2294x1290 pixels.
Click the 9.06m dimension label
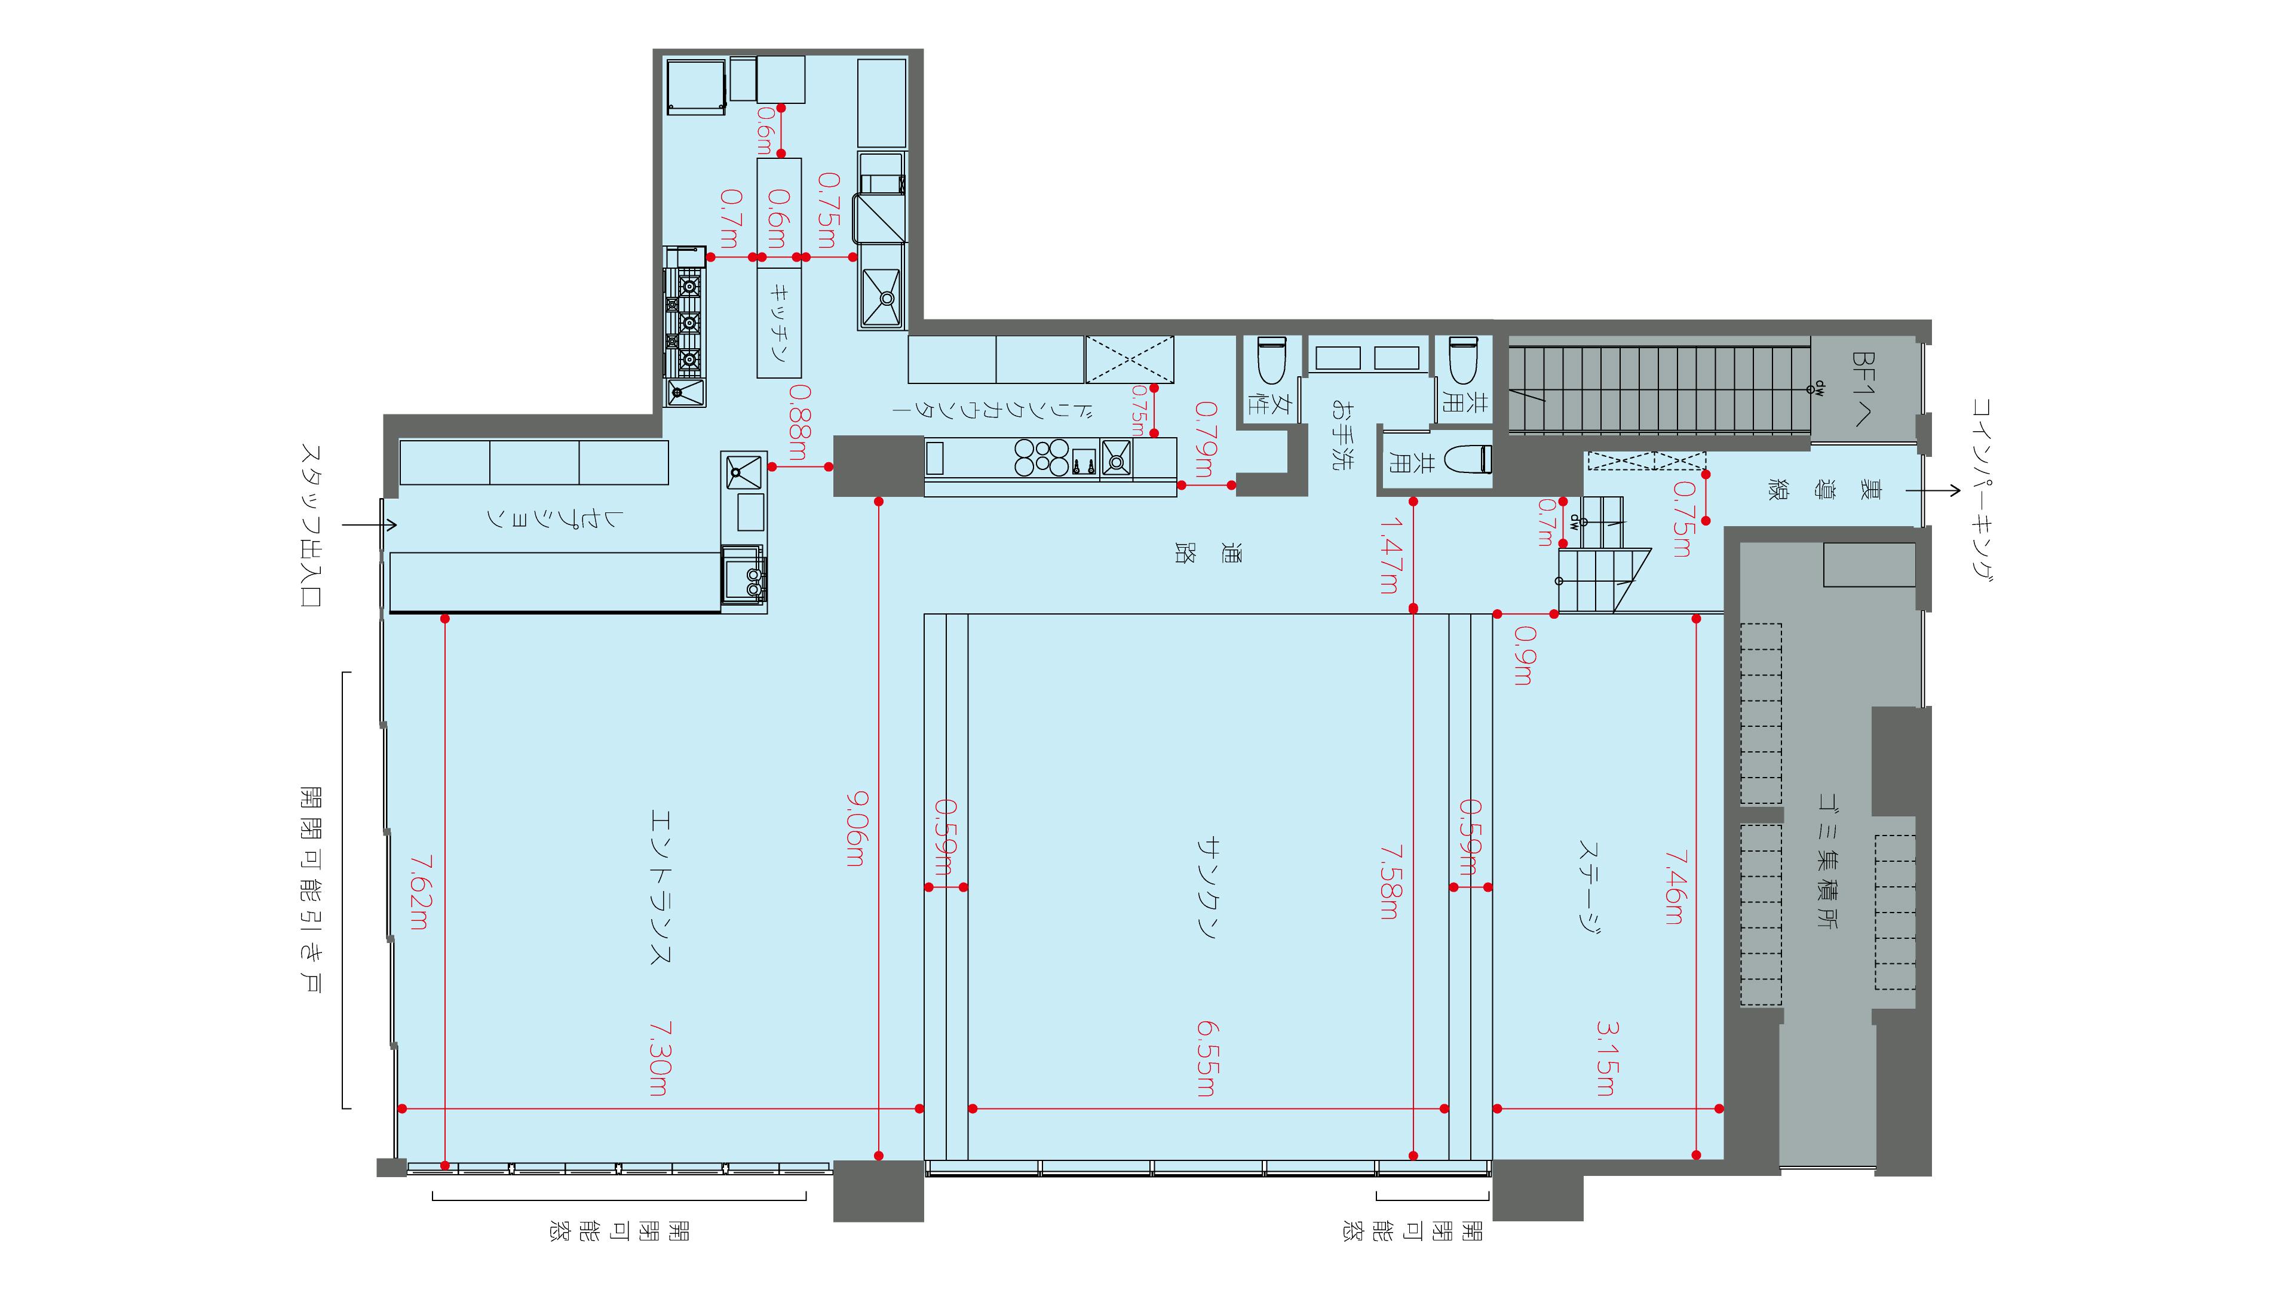pyautogui.click(x=854, y=830)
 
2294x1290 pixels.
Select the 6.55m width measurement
pyautogui.click(x=1206, y=1058)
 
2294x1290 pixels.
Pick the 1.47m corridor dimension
pyautogui.click(x=1388, y=557)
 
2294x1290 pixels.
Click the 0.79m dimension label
pyautogui.click(x=1205, y=440)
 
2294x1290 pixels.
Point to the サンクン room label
pyautogui.click(x=1207, y=887)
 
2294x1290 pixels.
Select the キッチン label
pyautogui.click(x=779, y=322)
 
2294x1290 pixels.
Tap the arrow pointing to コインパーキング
pyautogui.click(x=1933, y=490)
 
